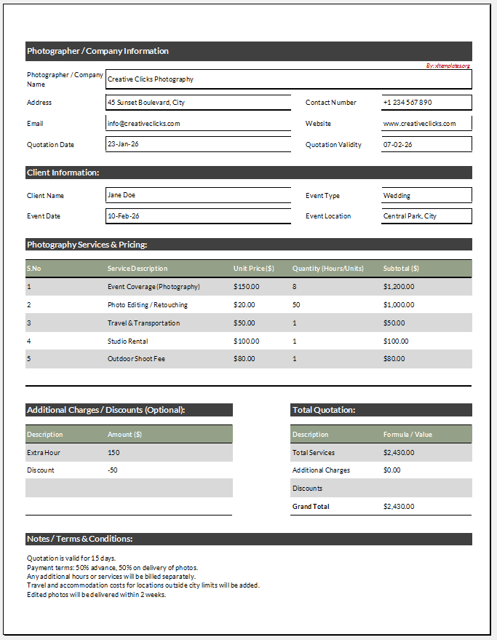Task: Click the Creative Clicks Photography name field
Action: (x=151, y=79)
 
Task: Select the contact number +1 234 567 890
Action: (x=407, y=103)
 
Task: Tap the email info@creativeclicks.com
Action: (x=144, y=124)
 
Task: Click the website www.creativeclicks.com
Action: (x=419, y=124)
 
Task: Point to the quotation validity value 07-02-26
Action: (x=397, y=144)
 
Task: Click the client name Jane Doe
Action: (x=122, y=195)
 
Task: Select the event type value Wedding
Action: (x=397, y=195)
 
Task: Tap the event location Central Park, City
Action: (x=410, y=216)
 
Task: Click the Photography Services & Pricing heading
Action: (x=87, y=245)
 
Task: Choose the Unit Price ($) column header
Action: (x=254, y=269)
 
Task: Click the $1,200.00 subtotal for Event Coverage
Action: (x=399, y=287)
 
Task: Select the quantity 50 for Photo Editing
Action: (x=296, y=305)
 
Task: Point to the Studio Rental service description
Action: (x=128, y=341)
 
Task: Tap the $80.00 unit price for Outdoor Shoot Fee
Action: (x=244, y=359)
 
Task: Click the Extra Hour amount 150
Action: (x=114, y=453)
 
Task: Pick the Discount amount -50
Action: (x=114, y=470)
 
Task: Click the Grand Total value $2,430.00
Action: (x=399, y=507)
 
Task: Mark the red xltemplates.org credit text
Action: (x=448, y=66)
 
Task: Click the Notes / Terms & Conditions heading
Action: (x=80, y=539)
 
